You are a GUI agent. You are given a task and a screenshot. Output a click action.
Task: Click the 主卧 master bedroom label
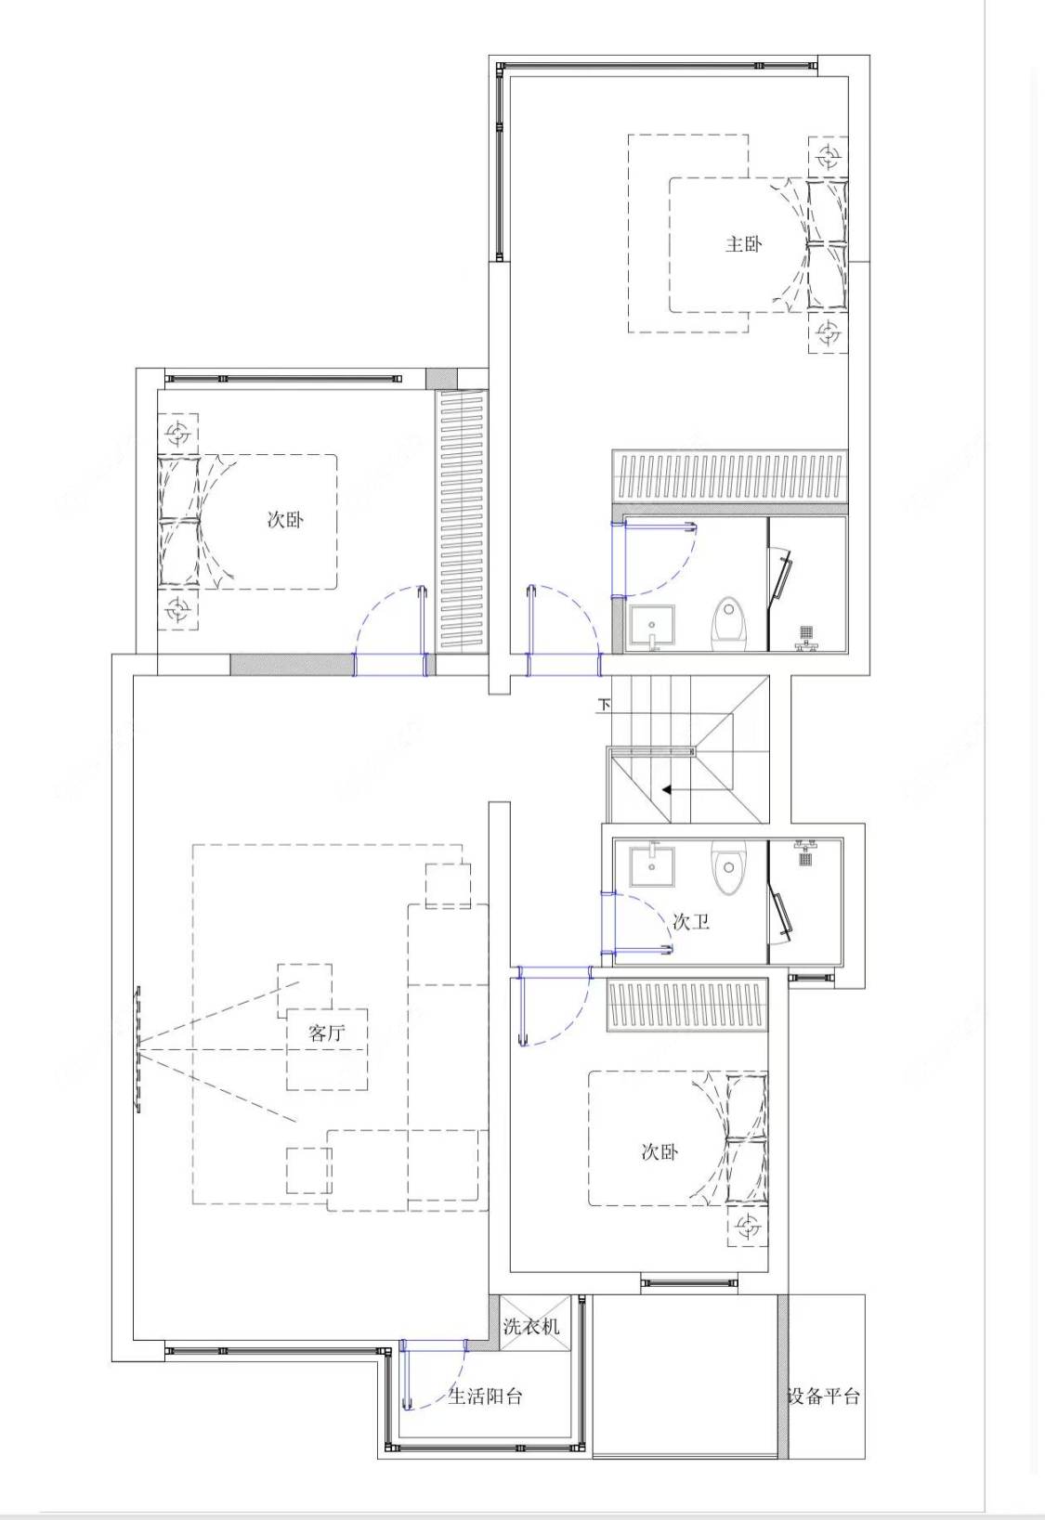click(x=743, y=243)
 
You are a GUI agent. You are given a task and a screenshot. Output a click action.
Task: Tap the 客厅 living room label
click(x=327, y=1033)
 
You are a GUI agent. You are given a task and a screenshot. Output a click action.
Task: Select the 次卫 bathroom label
click(x=691, y=921)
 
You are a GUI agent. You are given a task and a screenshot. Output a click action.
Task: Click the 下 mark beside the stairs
click(x=605, y=705)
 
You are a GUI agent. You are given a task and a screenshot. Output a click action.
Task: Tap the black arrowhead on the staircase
click(x=667, y=790)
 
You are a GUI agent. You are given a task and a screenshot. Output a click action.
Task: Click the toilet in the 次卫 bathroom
click(x=728, y=868)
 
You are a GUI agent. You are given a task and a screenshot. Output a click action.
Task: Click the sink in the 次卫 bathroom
click(x=652, y=864)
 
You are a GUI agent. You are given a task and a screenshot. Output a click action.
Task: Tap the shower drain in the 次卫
click(x=806, y=858)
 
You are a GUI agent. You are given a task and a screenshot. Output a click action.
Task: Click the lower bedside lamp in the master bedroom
click(x=828, y=333)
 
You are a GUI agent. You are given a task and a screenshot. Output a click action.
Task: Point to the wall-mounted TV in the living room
click(x=138, y=1050)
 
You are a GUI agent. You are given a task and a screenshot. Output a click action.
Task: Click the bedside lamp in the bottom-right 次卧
click(x=748, y=1227)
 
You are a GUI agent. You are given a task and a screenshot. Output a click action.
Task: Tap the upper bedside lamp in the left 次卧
click(x=178, y=433)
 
